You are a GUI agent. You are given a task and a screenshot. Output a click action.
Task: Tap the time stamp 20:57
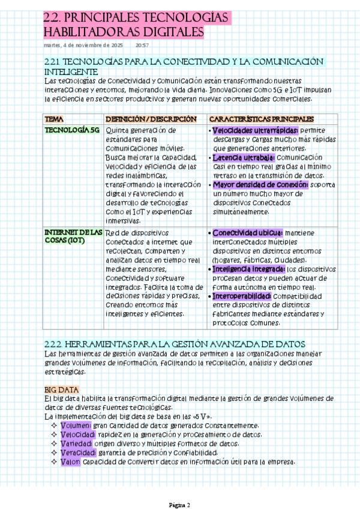143,45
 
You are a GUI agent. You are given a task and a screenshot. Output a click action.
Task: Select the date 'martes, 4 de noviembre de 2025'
83,45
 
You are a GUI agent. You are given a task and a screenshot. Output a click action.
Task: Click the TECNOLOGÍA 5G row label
72,130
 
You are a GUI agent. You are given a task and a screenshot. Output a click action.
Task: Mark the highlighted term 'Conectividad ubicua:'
248,233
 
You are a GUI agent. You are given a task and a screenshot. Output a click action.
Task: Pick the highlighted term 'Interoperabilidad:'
242,297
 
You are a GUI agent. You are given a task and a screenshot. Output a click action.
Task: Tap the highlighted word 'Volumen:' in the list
76,426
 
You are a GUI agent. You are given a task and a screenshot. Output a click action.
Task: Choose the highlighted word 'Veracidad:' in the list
78,453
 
